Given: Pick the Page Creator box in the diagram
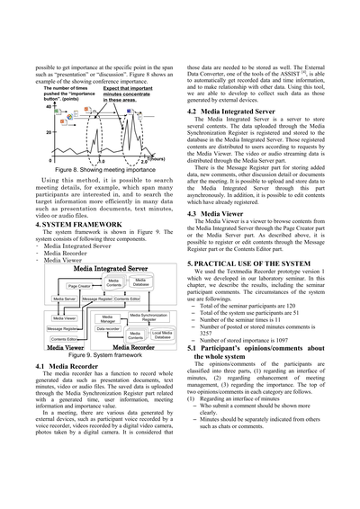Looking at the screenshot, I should [x=78, y=286].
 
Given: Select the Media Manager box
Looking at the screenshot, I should [x=107, y=318].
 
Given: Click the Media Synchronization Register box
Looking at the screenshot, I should [x=148, y=317].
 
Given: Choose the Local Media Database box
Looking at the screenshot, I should [x=162, y=335].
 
